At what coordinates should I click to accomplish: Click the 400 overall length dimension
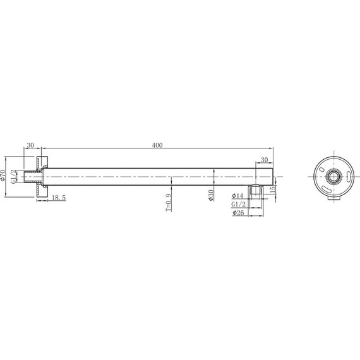(x=157, y=146)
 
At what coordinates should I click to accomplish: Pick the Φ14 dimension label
(x=239, y=196)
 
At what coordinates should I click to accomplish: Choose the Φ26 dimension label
(x=239, y=213)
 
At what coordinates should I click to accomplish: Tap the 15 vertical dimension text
(x=273, y=189)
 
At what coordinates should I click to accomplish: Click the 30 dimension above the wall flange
(x=30, y=146)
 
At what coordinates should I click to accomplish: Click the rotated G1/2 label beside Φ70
(x=14, y=176)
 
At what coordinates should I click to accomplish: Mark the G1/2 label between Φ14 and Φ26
(x=239, y=205)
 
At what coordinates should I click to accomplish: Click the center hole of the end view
(x=332, y=175)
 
